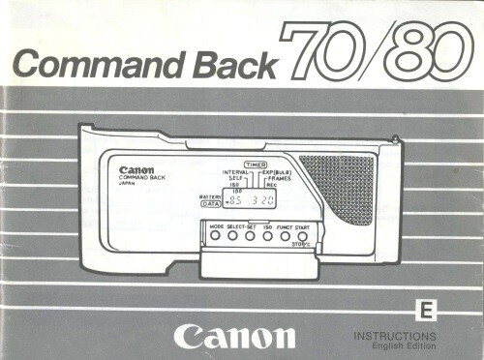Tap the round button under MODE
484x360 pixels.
click(215, 235)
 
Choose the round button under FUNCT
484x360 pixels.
click(285, 235)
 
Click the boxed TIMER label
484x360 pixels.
click(256, 165)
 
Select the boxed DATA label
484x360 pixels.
click(209, 204)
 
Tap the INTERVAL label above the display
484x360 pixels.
click(237, 172)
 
